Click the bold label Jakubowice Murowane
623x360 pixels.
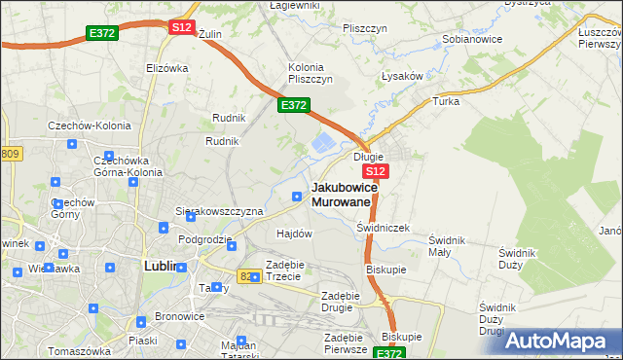pyautogui.click(x=342, y=195)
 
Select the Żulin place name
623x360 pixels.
pyautogui.click(x=210, y=33)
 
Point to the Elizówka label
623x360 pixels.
pyautogui.click(x=166, y=68)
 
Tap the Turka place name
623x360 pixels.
pyautogui.click(x=446, y=101)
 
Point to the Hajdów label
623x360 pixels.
pyautogui.click(x=294, y=234)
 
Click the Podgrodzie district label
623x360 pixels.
pyautogui.click(x=204, y=239)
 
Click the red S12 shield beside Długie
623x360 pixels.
pyautogui.click(x=378, y=171)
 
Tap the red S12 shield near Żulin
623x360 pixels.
pyautogui.click(x=181, y=27)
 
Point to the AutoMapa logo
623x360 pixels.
pyautogui.click(x=560, y=341)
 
